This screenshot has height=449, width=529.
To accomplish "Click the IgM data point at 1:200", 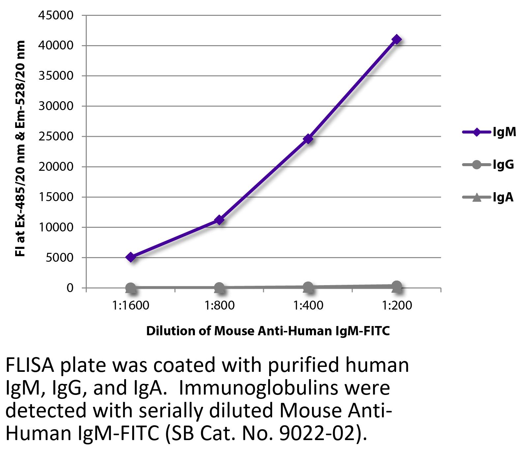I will pos(397,40).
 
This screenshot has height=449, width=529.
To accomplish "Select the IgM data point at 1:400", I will pos(308,139).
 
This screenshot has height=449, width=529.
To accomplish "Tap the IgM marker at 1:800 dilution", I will pos(219,220).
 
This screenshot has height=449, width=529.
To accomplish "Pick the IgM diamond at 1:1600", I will pos(131,257).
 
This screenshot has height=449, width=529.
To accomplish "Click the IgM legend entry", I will pos(489,132).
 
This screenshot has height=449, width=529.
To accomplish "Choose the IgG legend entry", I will pos(488,165).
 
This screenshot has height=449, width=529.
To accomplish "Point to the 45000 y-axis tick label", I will pos(56,15).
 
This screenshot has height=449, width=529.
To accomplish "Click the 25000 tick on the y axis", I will pos(56,136).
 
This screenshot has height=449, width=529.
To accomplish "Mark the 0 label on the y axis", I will pos(70,288).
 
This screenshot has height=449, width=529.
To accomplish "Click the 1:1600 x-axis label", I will pos(131,306).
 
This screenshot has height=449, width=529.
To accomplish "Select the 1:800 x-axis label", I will pos(219,306).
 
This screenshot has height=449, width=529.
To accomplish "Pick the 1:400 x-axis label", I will pos(308,306).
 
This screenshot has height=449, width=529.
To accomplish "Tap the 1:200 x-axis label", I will pos(397,306).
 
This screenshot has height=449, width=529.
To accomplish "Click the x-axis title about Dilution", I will pos(268,331).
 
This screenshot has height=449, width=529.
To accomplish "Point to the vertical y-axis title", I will pos(20,148).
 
